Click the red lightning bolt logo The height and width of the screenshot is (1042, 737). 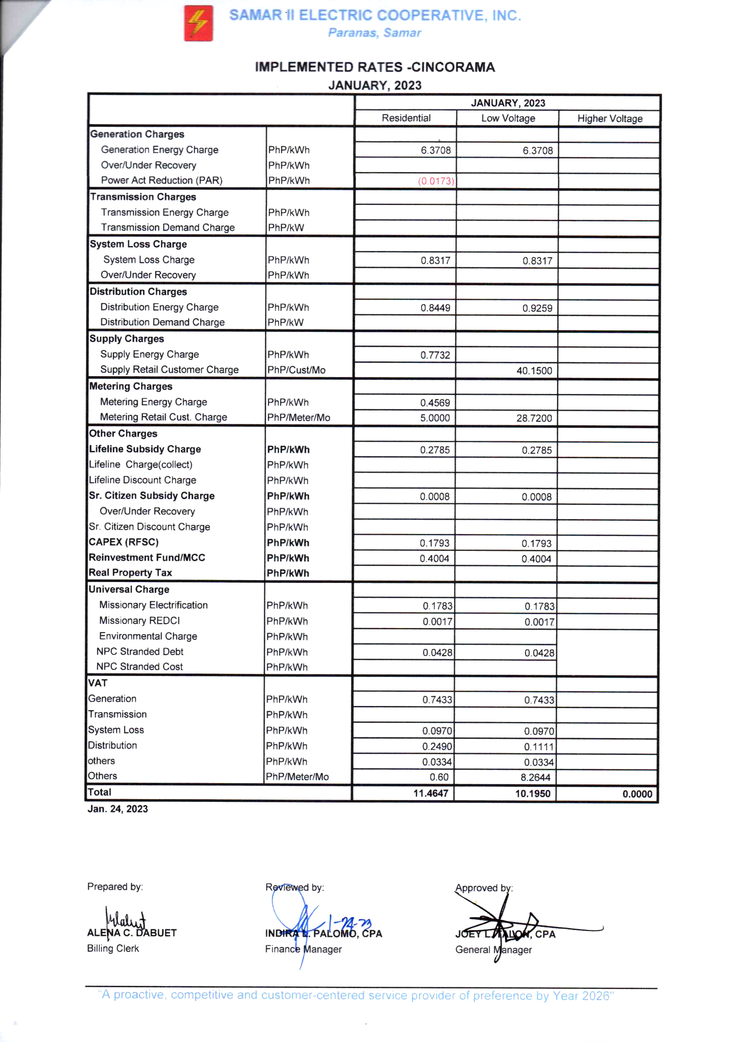coord(198,23)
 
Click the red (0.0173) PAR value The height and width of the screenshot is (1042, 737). coord(436,181)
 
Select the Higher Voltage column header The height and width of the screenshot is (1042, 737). coord(610,119)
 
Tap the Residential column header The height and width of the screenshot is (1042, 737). coord(406,118)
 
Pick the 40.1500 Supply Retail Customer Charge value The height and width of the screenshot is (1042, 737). coord(534,371)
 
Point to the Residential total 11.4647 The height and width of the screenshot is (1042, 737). coord(430,793)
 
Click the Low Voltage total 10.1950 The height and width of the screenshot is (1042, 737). coord(532,794)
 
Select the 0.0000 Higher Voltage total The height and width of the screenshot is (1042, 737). coord(637,794)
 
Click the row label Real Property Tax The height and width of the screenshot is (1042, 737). coord(130,573)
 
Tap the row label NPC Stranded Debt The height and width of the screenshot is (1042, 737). coord(140,652)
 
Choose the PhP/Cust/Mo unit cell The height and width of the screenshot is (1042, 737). coord(296,370)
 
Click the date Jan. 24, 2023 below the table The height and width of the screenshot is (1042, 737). coord(118,809)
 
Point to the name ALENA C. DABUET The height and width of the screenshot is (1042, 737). coord(131,933)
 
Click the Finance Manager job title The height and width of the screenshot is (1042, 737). coord(303,949)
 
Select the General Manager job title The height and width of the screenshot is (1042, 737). coord(493,950)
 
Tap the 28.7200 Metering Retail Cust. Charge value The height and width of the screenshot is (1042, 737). coord(534,418)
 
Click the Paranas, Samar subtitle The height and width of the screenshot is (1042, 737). coord(374,33)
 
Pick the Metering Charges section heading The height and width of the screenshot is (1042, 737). coord(131,386)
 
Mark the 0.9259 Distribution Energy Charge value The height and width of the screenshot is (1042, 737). coord(537,308)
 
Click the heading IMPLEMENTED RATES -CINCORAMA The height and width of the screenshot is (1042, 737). coord(374,67)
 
